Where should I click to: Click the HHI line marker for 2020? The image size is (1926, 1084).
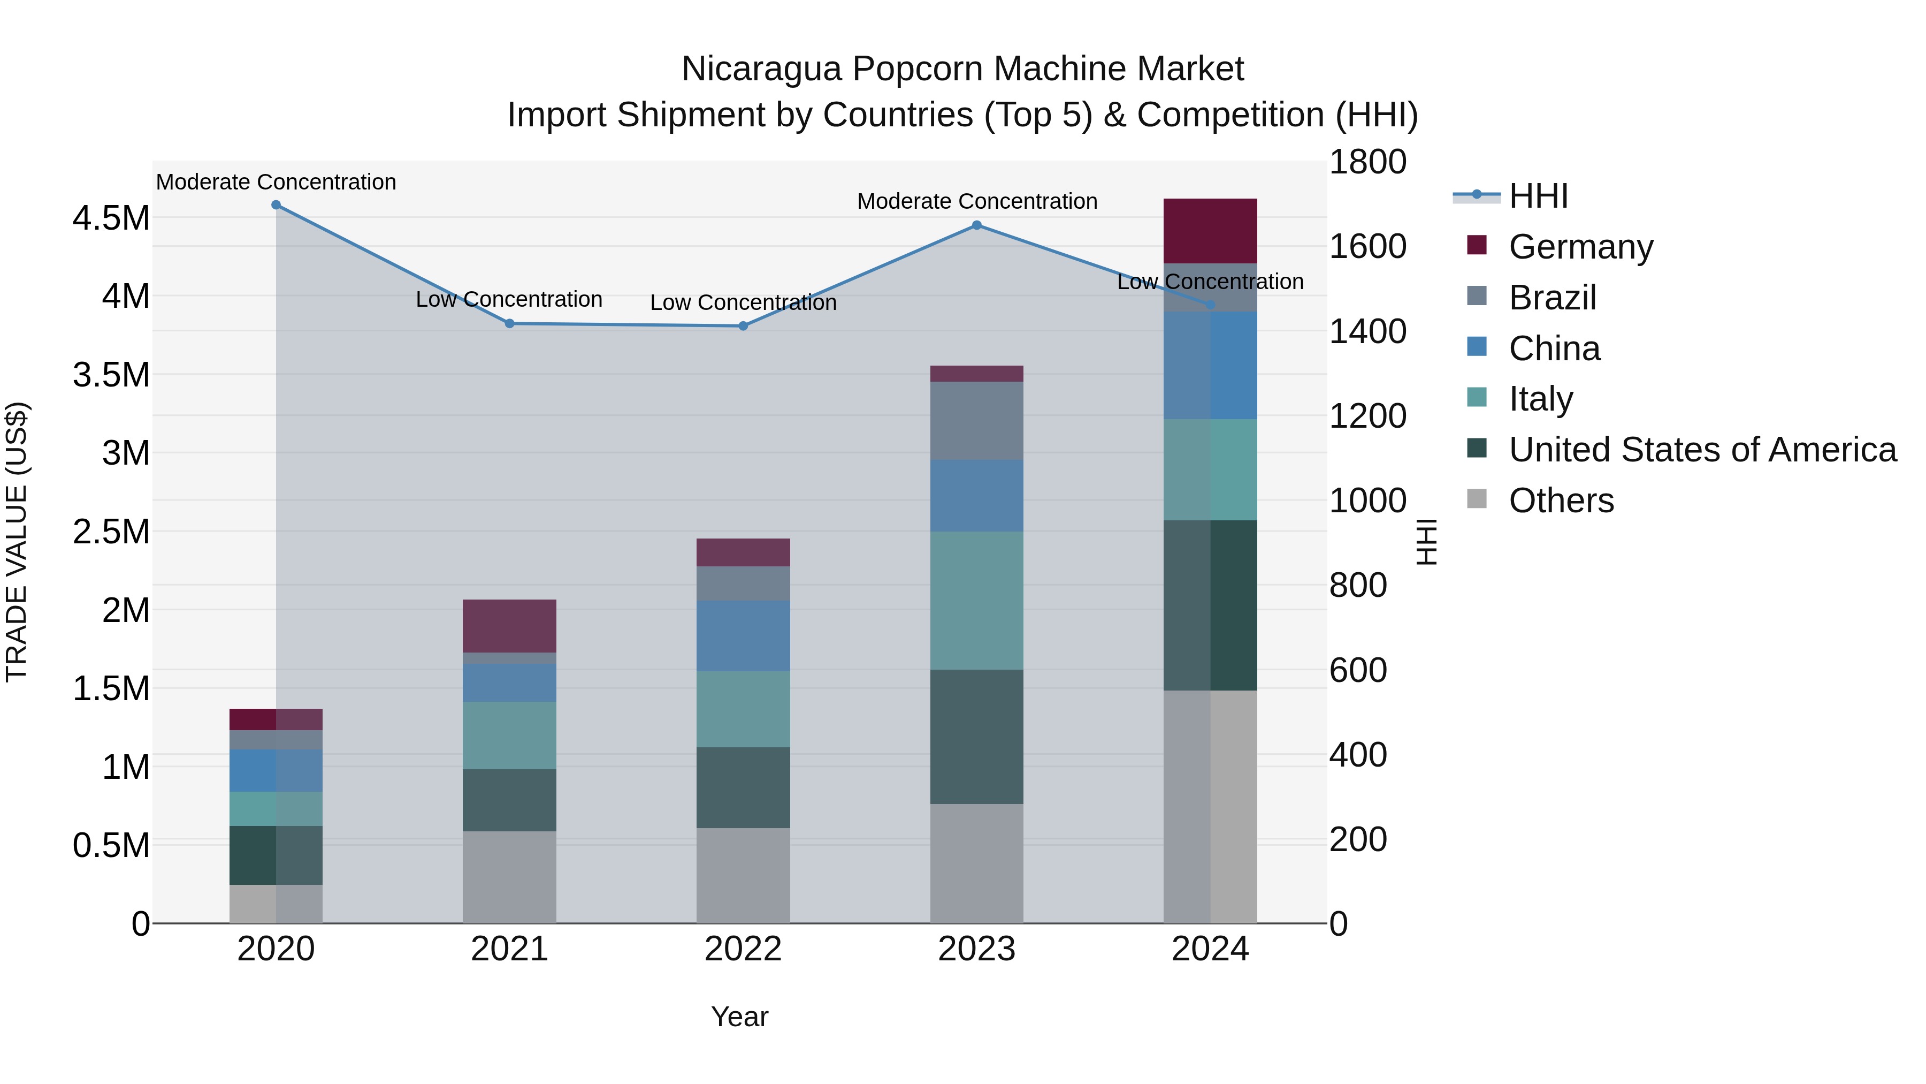pyautogui.click(x=276, y=205)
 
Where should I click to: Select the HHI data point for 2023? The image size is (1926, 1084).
pyautogui.click(x=976, y=225)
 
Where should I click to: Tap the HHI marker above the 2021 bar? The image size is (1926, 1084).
pyautogui.click(x=510, y=324)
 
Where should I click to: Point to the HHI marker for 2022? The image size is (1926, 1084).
pyautogui.click(x=743, y=326)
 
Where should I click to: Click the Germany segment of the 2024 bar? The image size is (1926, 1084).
pyautogui.click(x=1211, y=231)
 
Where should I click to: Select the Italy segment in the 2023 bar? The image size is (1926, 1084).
pyautogui.click(x=976, y=601)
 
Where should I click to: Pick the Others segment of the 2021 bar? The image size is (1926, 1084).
pyautogui.click(x=510, y=877)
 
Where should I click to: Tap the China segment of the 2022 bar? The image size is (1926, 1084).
pyautogui.click(x=743, y=636)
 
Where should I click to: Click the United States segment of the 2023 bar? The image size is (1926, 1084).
pyautogui.click(x=976, y=737)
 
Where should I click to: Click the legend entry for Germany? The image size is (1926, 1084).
pyautogui.click(x=1580, y=247)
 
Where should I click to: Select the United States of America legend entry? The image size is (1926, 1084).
pyautogui.click(x=1702, y=450)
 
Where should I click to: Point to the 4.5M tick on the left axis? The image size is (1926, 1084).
pyautogui.click(x=111, y=218)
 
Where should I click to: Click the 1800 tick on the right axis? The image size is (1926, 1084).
pyautogui.click(x=1367, y=162)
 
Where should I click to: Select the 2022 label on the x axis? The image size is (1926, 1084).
pyautogui.click(x=743, y=949)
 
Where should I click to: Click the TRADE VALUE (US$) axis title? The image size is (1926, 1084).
pyautogui.click(x=17, y=542)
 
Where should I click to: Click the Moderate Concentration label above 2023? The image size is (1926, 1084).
pyautogui.click(x=976, y=201)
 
